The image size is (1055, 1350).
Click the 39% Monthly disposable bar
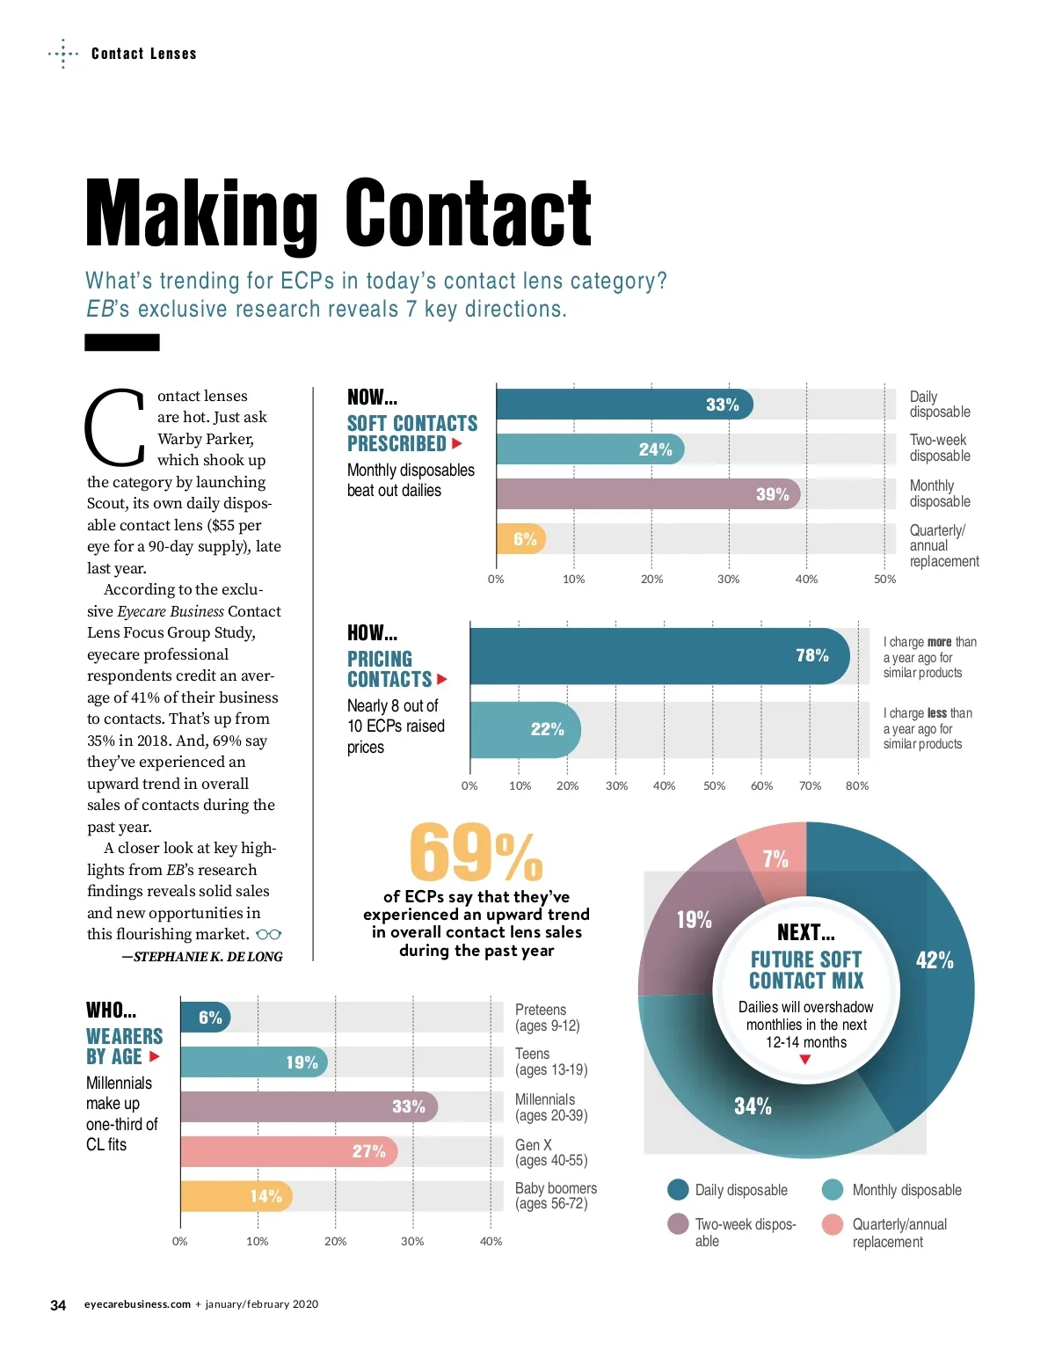[648, 493]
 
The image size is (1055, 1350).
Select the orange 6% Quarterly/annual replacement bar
[520, 538]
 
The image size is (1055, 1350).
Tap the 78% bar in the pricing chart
[659, 655]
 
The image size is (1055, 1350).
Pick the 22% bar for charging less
[525, 729]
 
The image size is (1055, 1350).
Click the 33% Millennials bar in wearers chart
[308, 1106]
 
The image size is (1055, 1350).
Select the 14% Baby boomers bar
[236, 1196]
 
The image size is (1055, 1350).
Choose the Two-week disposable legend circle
[678, 1224]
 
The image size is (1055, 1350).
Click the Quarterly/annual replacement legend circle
[833, 1224]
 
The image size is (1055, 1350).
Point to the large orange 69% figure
[476, 853]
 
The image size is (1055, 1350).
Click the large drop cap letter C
[115, 430]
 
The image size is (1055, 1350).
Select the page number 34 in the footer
[58, 1305]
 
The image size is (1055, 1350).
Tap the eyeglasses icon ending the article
[268, 935]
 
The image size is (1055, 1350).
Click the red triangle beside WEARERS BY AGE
[155, 1056]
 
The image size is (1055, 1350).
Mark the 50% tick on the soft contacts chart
[884, 579]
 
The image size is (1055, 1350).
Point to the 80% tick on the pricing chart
[857, 785]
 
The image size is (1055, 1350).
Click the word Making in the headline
[201, 214]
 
